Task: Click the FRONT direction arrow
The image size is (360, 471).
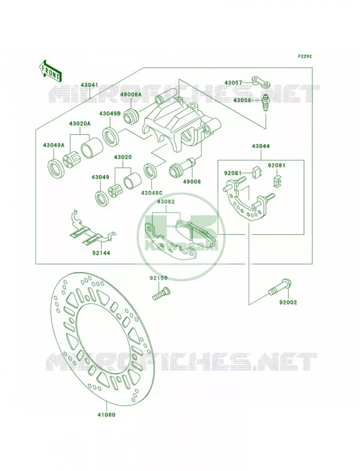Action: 50,71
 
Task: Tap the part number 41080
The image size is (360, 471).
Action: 106,414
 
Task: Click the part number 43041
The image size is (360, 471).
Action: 89,85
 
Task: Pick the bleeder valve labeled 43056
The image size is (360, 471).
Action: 265,102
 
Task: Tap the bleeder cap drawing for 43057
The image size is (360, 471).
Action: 261,81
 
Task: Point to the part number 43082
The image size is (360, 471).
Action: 166,201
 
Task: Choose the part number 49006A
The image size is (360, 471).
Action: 131,94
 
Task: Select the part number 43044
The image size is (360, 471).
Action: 260,146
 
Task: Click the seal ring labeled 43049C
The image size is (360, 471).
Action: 151,171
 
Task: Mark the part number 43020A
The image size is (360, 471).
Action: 80,124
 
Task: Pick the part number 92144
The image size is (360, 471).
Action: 101,253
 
